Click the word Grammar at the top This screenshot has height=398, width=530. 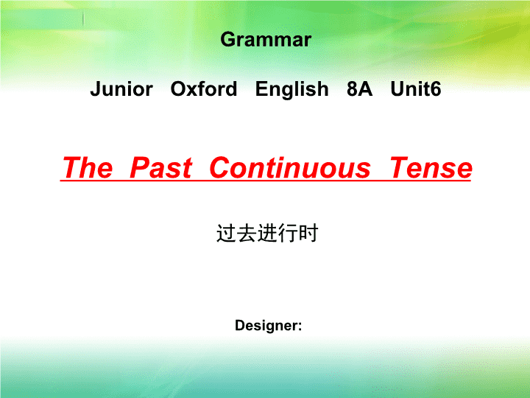pyautogui.click(x=266, y=41)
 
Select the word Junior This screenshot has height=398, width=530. pyautogui.click(x=121, y=89)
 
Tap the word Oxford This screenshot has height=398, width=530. pyautogui.click(x=204, y=89)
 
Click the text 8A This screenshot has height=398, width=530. pyautogui.click(x=360, y=89)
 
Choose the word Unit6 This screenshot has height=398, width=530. pyautogui.click(x=416, y=89)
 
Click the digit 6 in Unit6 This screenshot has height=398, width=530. pyautogui.click(x=436, y=89)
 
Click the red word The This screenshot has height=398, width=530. pyautogui.click(x=88, y=167)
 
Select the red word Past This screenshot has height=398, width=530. pyautogui.click(x=161, y=167)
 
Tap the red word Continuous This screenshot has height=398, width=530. pyautogui.click(x=290, y=167)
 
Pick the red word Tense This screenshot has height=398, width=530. pyautogui.click(x=431, y=167)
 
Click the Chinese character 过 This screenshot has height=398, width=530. pyautogui.click(x=226, y=233)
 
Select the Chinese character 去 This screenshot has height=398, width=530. pyautogui.click(x=247, y=233)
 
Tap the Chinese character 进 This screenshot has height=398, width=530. pyautogui.click(x=267, y=233)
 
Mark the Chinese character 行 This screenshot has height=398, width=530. pyautogui.click(x=288, y=233)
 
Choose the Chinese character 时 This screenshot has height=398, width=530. pyautogui.click(x=308, y=233)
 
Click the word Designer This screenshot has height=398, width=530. pyautogui.click(x=266, y=326)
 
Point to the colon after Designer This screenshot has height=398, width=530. pyautogui.click(x=300, y=327)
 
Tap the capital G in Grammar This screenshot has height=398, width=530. pyautogui.click(x=228, y=40)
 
